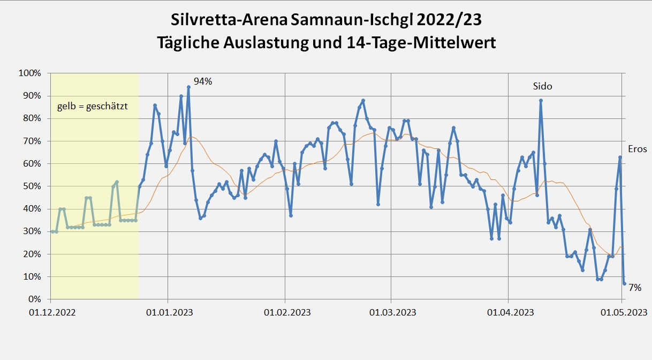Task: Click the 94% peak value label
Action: coord(203,81)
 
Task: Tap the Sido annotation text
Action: coord(542,86)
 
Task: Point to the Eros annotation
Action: coord(637,149)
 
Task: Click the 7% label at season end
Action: coord(635,288)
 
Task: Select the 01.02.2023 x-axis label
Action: coord(285,312)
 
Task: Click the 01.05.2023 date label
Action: coord(622,312)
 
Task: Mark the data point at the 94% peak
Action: coord(188,87)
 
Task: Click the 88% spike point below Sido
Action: coord(541,100)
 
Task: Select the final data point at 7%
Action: coord(624,283)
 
